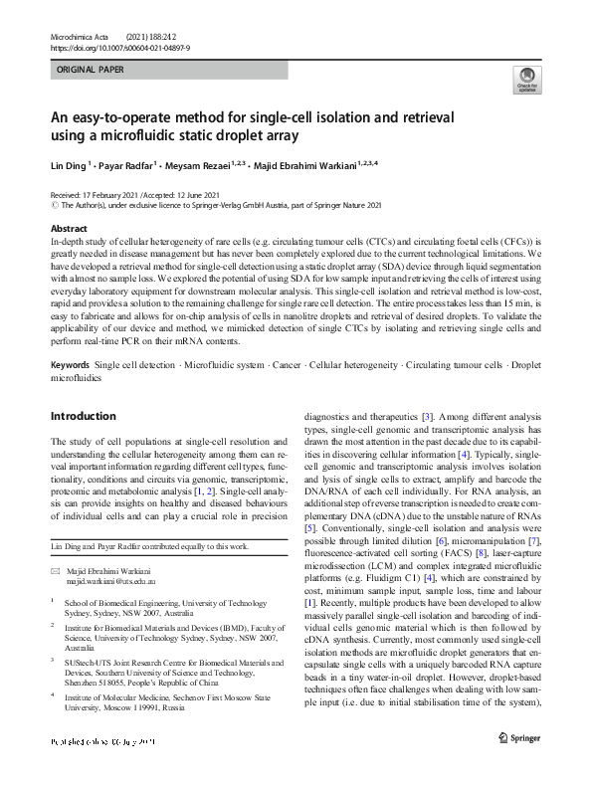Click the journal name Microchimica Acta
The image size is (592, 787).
(x=83, y=36)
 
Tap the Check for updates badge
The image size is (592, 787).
(x=526, y=82)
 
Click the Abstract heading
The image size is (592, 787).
(x=70, y=228)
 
